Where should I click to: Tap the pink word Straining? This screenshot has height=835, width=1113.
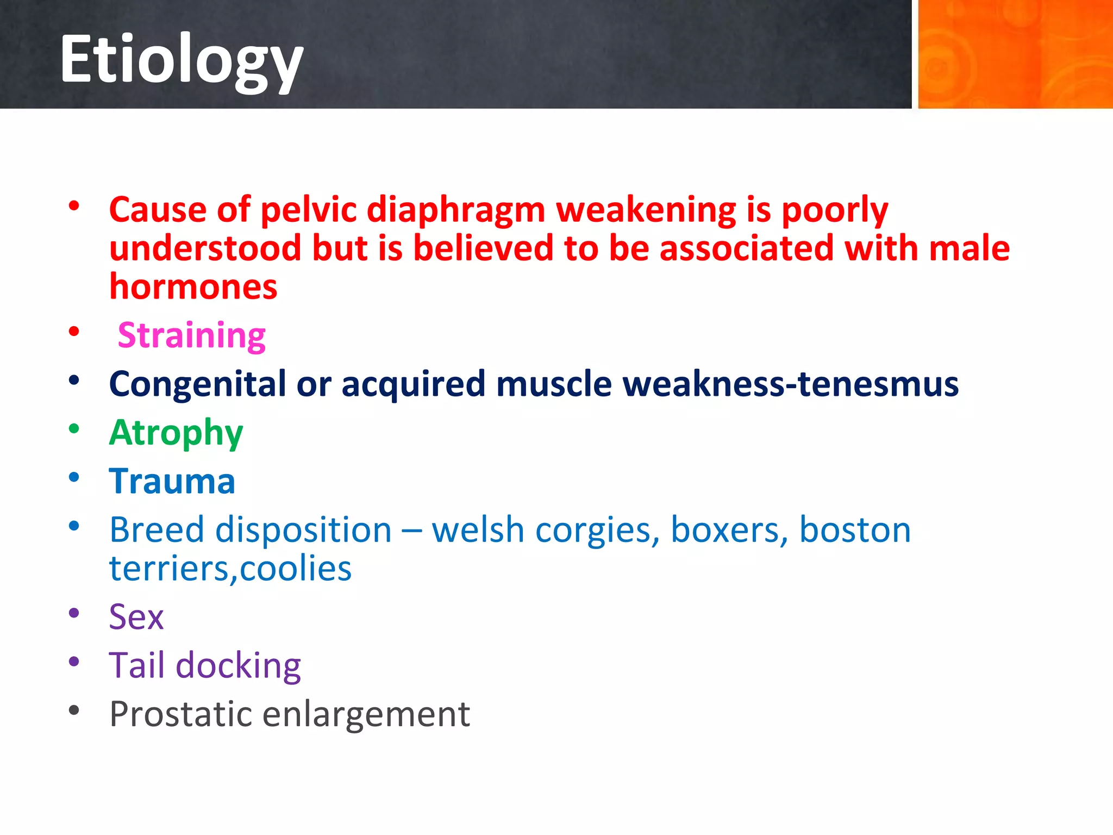192,335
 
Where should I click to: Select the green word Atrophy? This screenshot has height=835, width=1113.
176,433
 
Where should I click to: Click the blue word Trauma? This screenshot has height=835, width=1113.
172,482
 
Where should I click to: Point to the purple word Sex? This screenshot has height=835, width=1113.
136,617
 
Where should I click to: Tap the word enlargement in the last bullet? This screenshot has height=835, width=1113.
366,715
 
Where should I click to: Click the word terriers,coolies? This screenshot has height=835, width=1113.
230,569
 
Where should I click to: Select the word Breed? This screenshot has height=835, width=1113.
157,530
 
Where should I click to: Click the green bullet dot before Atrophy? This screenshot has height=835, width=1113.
74,429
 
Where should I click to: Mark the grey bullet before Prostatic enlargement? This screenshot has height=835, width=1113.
74,710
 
